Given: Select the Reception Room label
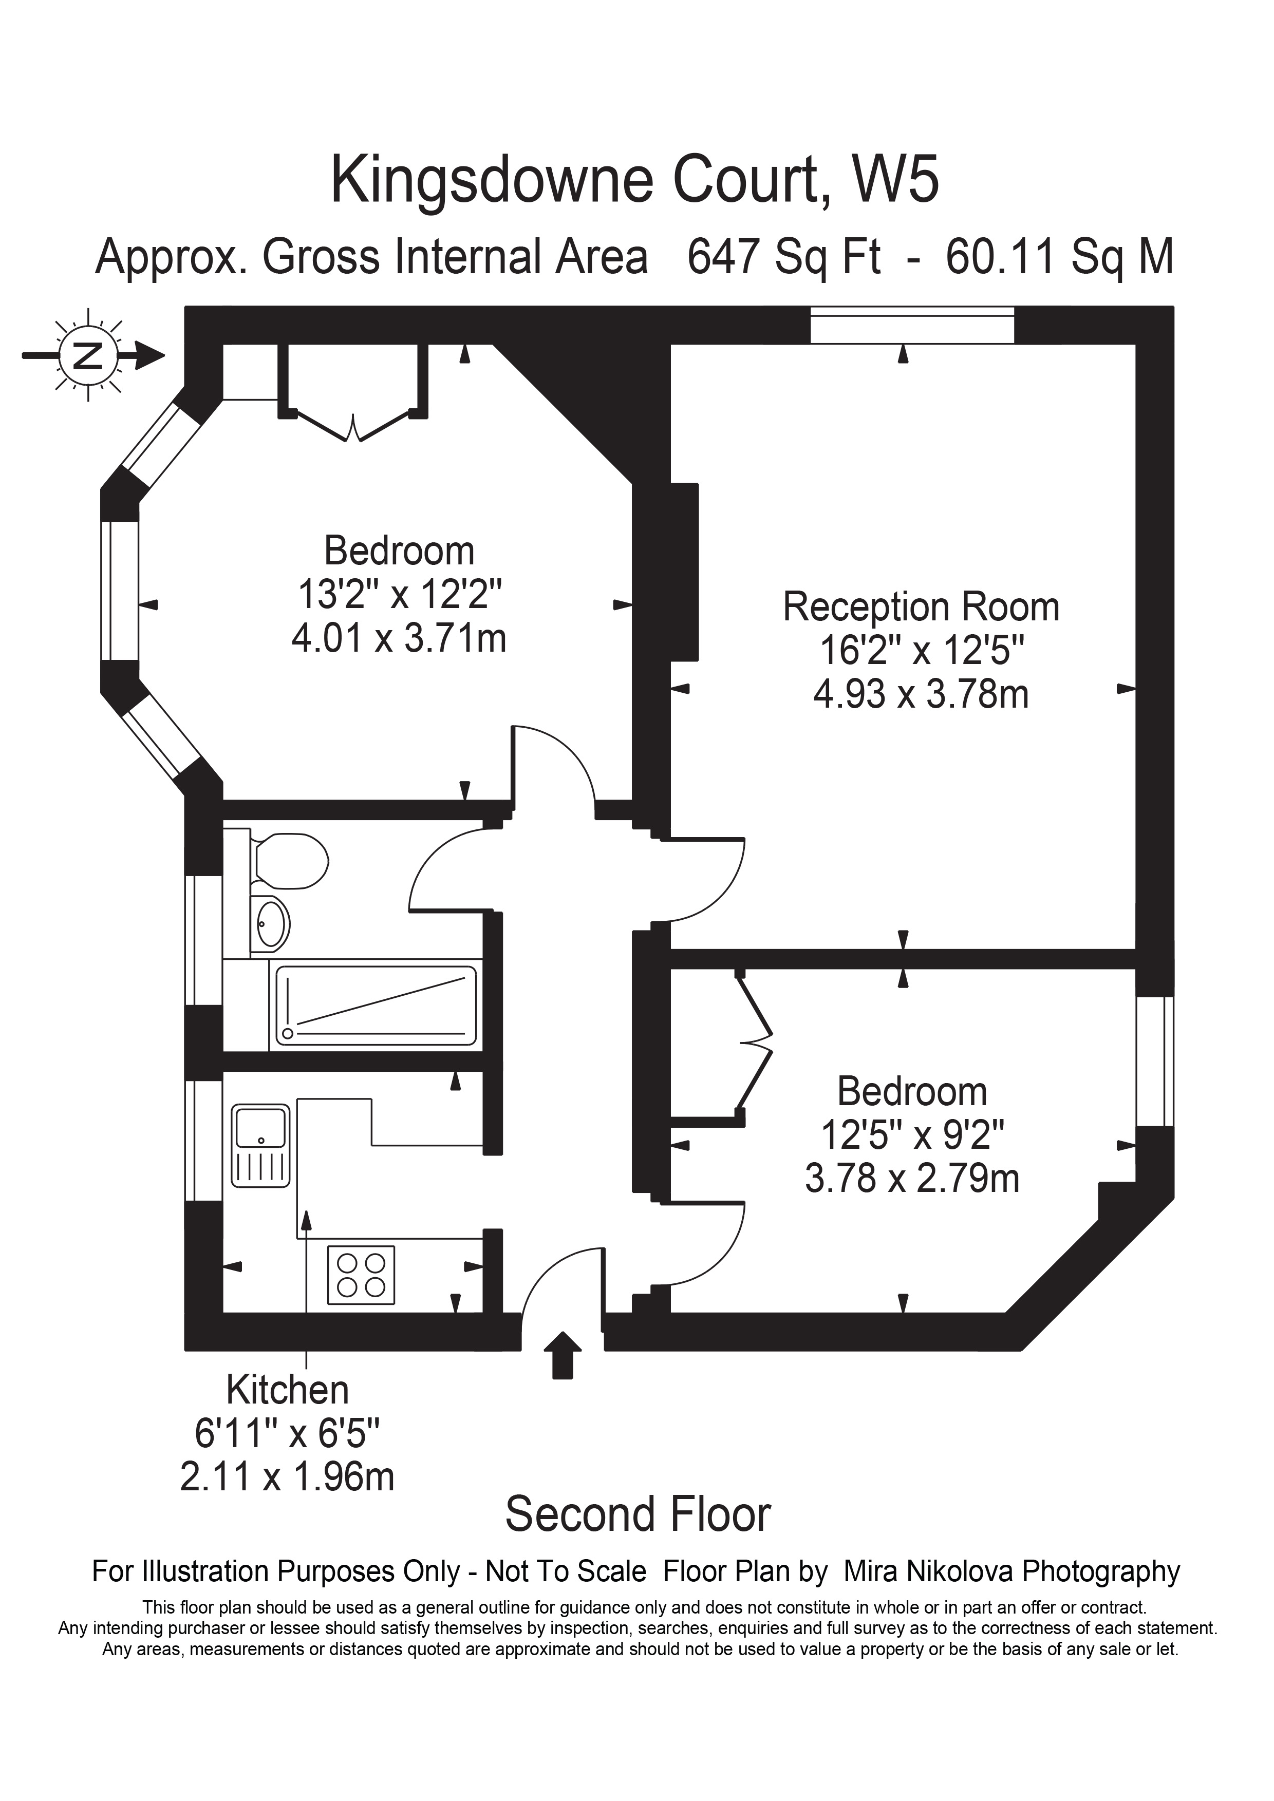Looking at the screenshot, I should [921, 608].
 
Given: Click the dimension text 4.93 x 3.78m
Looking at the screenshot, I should [921, 695].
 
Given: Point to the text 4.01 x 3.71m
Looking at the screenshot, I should [399, 638].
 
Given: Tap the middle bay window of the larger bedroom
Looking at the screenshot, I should [119, 590].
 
